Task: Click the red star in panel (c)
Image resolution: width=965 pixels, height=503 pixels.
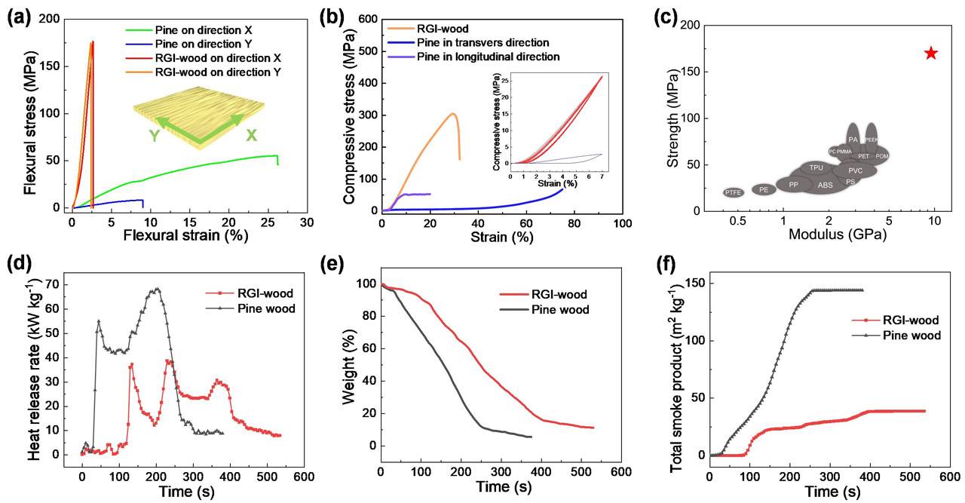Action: [931, 53]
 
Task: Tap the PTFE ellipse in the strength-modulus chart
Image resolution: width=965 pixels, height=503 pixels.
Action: [734, 193]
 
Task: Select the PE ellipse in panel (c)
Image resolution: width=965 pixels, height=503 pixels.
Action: [764, 189]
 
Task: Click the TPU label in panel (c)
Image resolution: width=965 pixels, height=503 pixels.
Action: [816, 167]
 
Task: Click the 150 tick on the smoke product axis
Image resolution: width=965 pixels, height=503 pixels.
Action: [691, 283]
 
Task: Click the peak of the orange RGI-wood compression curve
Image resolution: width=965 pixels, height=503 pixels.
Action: [452, 113]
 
